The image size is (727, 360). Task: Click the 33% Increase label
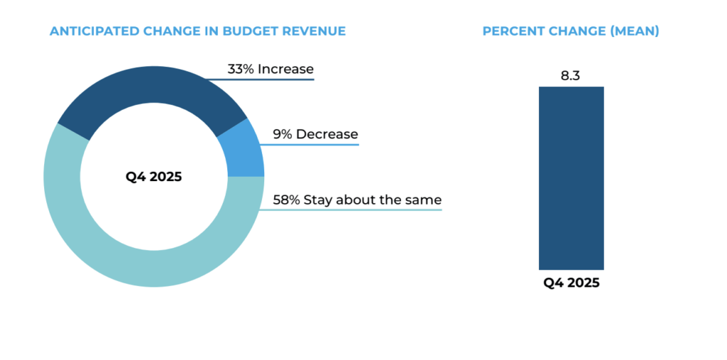tap(270, 70)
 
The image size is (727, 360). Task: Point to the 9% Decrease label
tap(315, 134)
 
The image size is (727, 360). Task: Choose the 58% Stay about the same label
tap(357, 200)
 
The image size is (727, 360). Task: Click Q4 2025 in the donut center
tap(153, 177)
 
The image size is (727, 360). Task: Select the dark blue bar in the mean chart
tap(571, 178)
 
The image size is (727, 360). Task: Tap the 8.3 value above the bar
tap(571, 76)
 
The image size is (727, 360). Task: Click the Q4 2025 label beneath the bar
tap(572, 283)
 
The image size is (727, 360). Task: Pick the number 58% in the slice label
tap(286, 200)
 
